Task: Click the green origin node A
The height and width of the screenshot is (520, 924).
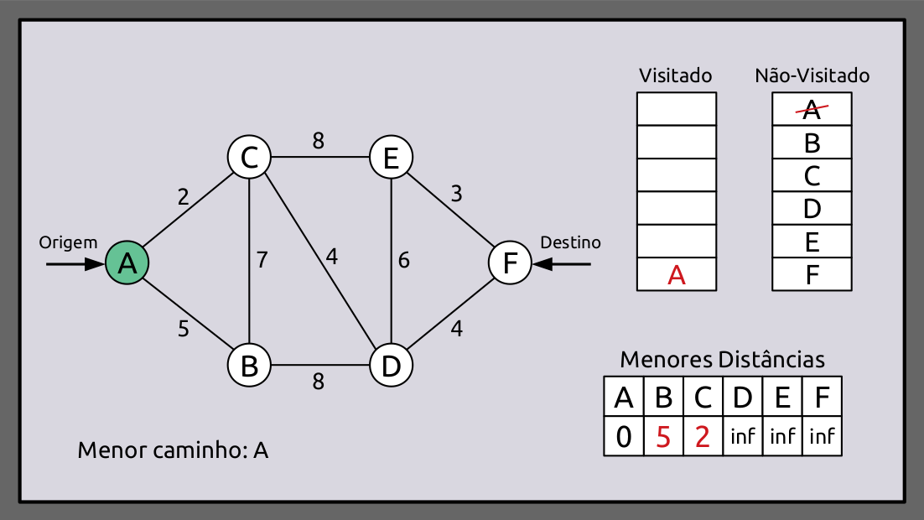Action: click(x=127, y=263)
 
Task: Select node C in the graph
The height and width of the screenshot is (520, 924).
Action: click(x=249, y=157)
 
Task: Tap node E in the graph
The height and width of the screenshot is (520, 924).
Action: click(x=391, y=157)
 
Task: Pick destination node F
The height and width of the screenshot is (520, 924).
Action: click(x=510, y=263)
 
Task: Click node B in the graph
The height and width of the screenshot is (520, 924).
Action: click(x=249, y=366)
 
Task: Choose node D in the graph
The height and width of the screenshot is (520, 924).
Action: click(x=391, y=366)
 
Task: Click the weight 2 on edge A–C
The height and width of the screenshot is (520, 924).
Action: click(x=183, y=197)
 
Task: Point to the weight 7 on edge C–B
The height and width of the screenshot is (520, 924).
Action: click(x=262, y=260)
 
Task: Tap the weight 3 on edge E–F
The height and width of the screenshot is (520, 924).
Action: click(x=456, y=195)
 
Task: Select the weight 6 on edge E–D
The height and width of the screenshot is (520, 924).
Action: click(x=404, y=261)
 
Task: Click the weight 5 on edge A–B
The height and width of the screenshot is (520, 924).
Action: click(x=183, y=329)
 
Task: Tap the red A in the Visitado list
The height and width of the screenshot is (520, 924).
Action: click(x=677, y=275)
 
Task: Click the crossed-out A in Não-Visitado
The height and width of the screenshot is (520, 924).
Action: click(x=811, y=108)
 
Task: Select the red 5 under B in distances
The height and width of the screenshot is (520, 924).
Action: click(x=663, y=437)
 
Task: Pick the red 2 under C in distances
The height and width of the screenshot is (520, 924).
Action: click(x=703, y=437)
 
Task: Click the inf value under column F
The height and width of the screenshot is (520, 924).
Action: click(x=822, y=437)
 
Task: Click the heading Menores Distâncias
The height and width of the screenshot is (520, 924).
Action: click(x=722, y=360)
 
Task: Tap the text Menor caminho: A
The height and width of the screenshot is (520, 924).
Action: click(x=173, y=450)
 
